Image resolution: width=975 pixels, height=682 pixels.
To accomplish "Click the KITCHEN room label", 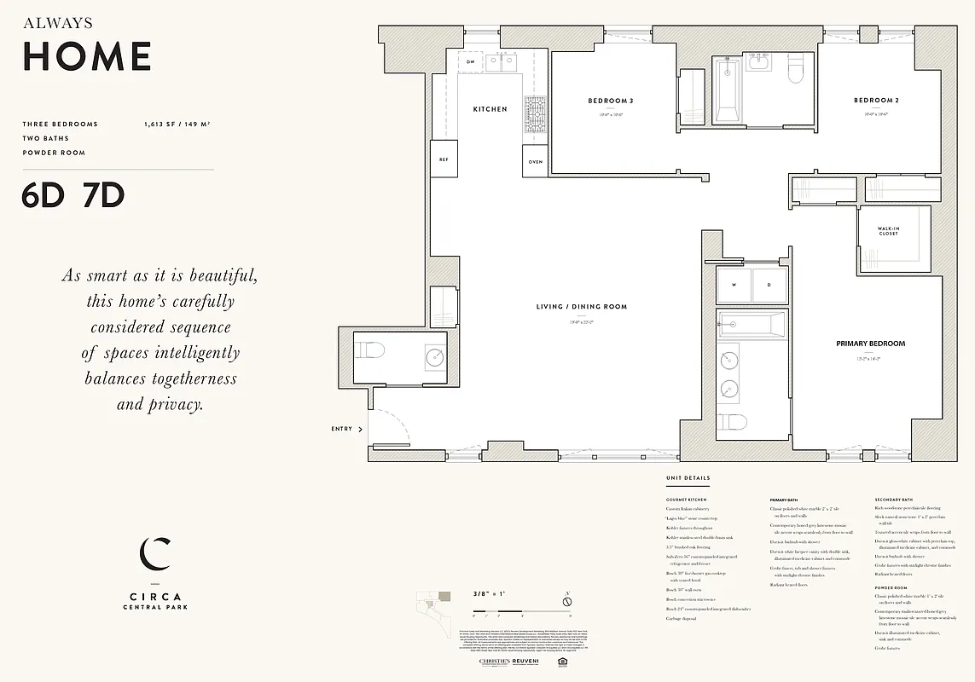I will click(490, 109).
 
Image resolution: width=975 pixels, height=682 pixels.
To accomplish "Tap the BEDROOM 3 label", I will click(610, 101).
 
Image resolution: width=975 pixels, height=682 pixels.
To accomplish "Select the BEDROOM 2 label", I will click(876, 101).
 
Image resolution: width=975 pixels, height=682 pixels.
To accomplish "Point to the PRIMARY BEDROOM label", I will click(870, 344).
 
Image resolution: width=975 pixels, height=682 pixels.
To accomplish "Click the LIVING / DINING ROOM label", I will click(581, 307).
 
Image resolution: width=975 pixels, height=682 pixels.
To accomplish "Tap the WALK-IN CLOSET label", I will click(888, 231).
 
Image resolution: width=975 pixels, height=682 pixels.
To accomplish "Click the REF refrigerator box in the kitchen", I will click(444, 159).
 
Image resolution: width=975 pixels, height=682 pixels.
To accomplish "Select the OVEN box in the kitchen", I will click(535, 161).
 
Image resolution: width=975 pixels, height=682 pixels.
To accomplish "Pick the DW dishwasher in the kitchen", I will click(470, 62).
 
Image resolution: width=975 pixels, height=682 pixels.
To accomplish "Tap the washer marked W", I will click(734, 286).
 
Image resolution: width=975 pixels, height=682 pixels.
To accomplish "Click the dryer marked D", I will click(769, 286).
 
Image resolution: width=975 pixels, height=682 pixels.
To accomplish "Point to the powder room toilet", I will click(370, 350).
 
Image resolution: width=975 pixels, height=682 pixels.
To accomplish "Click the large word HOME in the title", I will click(87, 56).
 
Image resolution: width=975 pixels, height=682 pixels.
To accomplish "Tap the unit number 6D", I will click(44, 195).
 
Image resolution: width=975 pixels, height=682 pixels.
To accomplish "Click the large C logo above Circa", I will click(154, 553).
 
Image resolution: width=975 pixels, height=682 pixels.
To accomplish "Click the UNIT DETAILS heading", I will click(688, 478).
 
